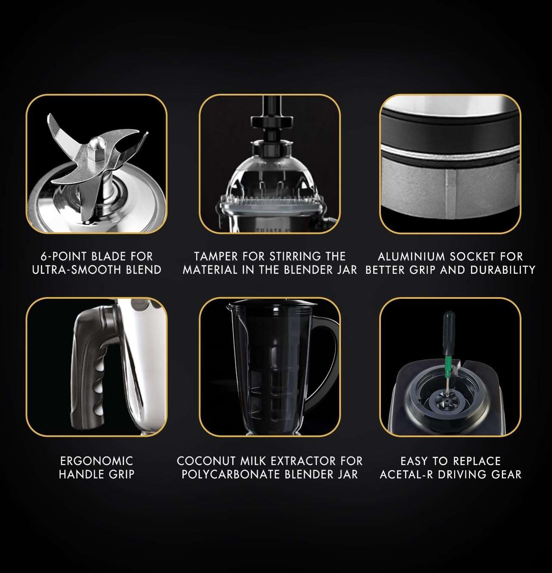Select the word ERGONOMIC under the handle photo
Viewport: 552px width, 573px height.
[96, 461]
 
